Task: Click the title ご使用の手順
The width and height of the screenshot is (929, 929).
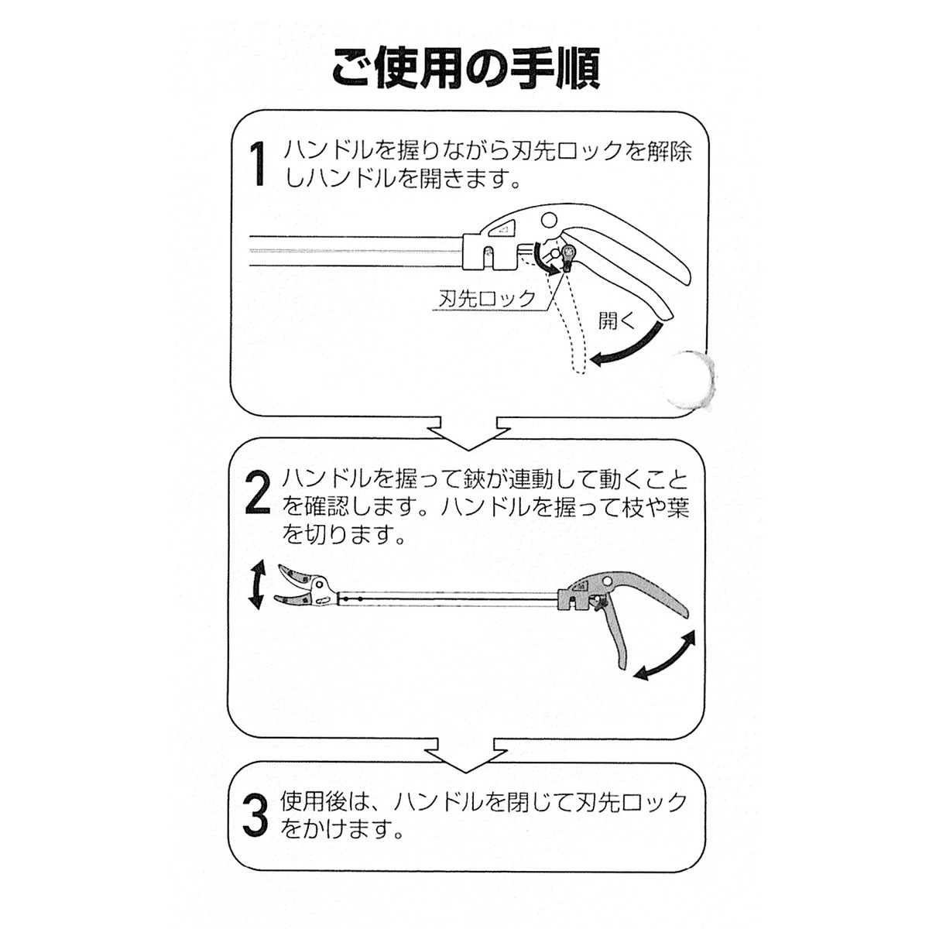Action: pyautogui.click(x=466, y=68)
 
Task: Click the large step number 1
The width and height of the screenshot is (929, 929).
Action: pyautogui.click(x=259, y=163)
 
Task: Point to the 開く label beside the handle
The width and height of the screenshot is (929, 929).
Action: pyautogui.click(x=618, y=320)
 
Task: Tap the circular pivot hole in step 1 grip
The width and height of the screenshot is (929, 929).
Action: pyautogui.click(x=549, y=221)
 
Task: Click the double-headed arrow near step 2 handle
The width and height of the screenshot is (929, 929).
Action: pyautogui.click(x=665, y=655)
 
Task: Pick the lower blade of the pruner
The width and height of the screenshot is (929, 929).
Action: pyautogui.click(x=293, y=599)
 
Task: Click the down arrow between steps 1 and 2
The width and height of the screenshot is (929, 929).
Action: pyautogui.click(x=468, y=432)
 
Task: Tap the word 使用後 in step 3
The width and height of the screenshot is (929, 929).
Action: pyautogui.click(x=314, y=802)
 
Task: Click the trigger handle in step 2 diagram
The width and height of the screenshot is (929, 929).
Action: pyautogui.click(x=614, y=636)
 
